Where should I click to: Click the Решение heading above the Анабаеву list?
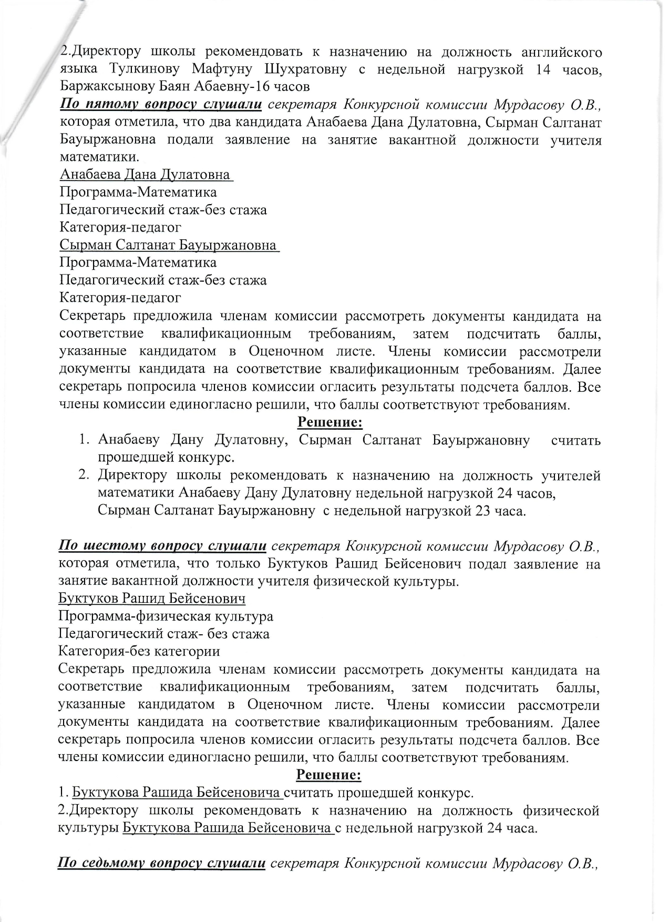(x=330, y=422)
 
